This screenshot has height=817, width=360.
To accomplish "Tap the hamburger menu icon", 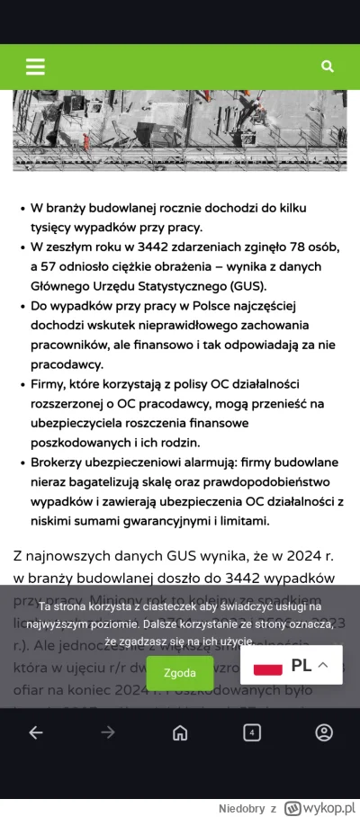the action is click(35, 67).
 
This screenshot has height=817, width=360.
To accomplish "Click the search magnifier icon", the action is click(328, 67).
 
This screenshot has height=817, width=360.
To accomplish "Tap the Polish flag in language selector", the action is click(267, 666).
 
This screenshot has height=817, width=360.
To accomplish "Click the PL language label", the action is click(301, 666).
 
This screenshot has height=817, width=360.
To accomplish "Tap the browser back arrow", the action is click(35, 732).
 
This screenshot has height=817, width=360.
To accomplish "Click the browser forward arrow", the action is click(107, 732).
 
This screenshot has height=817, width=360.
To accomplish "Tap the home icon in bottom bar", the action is click(180, 732).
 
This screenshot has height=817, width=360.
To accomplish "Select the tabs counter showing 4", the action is click(252, 732).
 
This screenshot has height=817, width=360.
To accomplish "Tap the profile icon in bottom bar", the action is click(324, 732).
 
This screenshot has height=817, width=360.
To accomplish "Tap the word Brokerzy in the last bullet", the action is click(62, 462).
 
